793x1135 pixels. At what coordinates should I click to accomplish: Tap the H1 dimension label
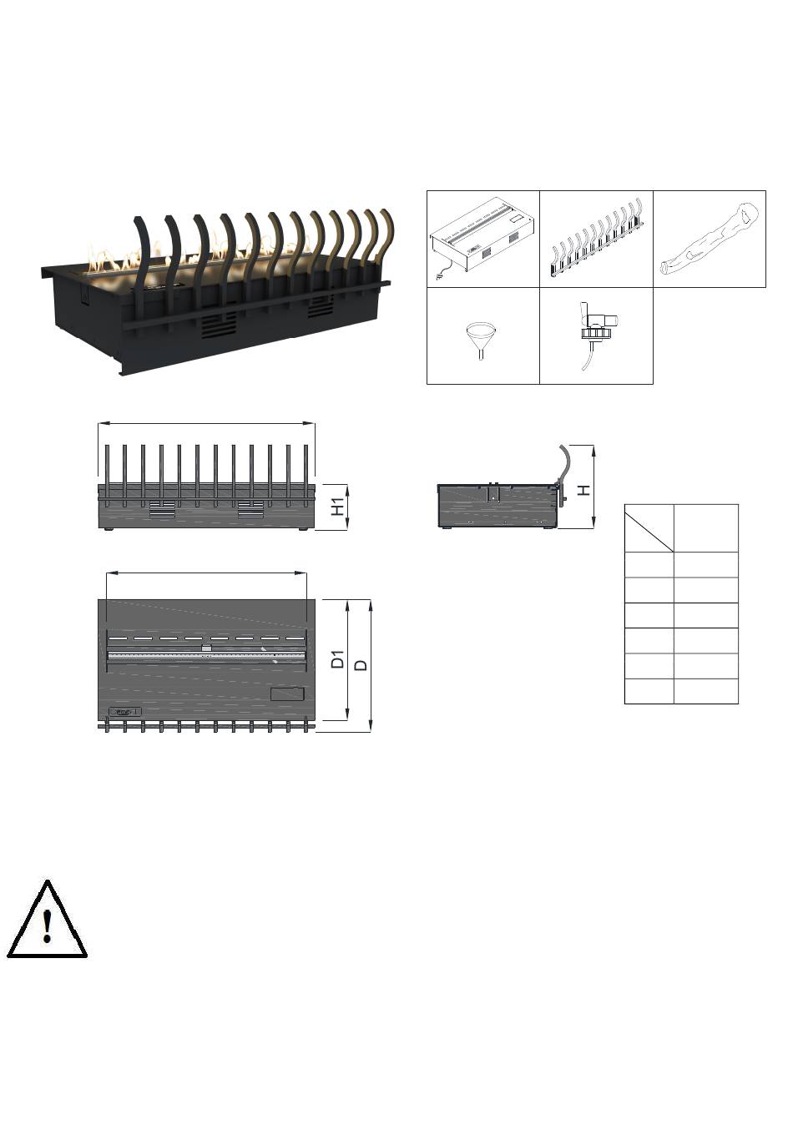pos(337,507)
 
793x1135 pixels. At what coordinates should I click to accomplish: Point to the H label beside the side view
pos(584,489)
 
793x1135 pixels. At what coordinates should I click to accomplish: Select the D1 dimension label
pos(337,659)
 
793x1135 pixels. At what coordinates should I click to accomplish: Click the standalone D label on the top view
pos(361,665)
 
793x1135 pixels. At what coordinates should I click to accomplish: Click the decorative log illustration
pos(710,238)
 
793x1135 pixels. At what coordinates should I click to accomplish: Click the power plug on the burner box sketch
pos(437,277)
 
